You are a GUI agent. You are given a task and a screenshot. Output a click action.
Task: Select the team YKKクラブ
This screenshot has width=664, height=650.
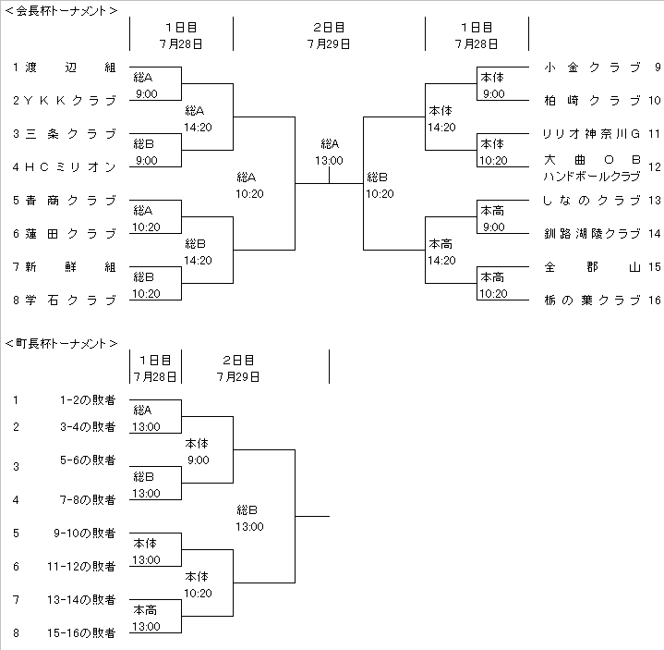point(69,101)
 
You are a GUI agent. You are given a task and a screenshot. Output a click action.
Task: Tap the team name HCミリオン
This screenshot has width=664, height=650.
point(69,167)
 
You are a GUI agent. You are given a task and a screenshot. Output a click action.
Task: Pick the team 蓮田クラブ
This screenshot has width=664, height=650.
point(69,234)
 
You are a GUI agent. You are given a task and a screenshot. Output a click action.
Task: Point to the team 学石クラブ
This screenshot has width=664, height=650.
point(69,300)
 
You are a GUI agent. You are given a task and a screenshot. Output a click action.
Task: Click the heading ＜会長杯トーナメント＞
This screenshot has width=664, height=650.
point(62,12)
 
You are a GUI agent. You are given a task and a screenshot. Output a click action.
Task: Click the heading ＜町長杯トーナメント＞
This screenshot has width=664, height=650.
point(62,343)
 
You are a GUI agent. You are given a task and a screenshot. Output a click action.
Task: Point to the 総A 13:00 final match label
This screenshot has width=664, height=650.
point(330,153)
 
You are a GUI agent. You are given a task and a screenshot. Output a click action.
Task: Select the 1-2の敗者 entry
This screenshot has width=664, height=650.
point(88,400)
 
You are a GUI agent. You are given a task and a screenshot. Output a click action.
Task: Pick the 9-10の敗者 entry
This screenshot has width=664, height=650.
point(85,533)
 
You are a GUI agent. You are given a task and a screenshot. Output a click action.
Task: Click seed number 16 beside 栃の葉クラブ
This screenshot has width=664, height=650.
point(655,300)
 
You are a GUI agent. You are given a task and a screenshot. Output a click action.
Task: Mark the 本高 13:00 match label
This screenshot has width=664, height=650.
point(145,618)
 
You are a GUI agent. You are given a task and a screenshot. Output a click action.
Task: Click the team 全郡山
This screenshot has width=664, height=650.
point(592,267)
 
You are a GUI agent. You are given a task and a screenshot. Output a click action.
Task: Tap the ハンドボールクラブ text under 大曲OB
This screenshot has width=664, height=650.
point(592,176)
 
